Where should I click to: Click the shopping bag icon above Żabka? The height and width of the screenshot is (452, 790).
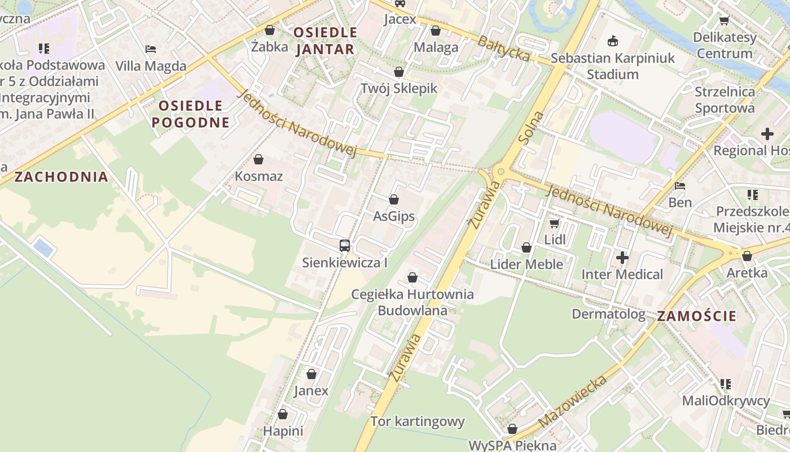click(270, 30)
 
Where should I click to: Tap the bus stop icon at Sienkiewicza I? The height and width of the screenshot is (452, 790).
click(345, 246)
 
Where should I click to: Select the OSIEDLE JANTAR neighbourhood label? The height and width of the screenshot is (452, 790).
click(326, 41)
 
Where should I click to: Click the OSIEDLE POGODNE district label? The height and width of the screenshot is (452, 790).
click(191, 114)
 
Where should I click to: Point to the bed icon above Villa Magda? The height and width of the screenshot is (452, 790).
click(151, 49)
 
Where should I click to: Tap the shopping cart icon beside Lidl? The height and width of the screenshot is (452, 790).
click(555, 223)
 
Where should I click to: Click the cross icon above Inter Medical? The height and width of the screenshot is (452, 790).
click(622, 258)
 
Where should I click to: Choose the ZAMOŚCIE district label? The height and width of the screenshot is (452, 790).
click(697, 316)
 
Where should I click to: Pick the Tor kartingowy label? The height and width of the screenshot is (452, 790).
click(418, 421)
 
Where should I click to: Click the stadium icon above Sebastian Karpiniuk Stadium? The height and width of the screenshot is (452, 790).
click(612, 41)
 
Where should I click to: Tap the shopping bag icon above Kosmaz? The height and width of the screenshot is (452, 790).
click(258, 160)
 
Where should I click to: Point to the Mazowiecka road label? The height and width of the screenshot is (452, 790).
click(573, 402)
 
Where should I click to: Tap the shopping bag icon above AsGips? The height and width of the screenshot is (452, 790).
click(394, 199)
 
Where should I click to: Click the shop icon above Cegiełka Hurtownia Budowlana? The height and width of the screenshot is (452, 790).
click(412, 277)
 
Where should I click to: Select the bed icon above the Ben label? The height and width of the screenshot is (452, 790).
click(680, 185)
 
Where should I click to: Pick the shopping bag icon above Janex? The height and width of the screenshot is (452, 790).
click(311, 374)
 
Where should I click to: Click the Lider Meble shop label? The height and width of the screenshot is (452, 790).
click(526, 264)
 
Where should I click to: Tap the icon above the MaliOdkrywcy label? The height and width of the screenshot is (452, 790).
click(726, 384)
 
